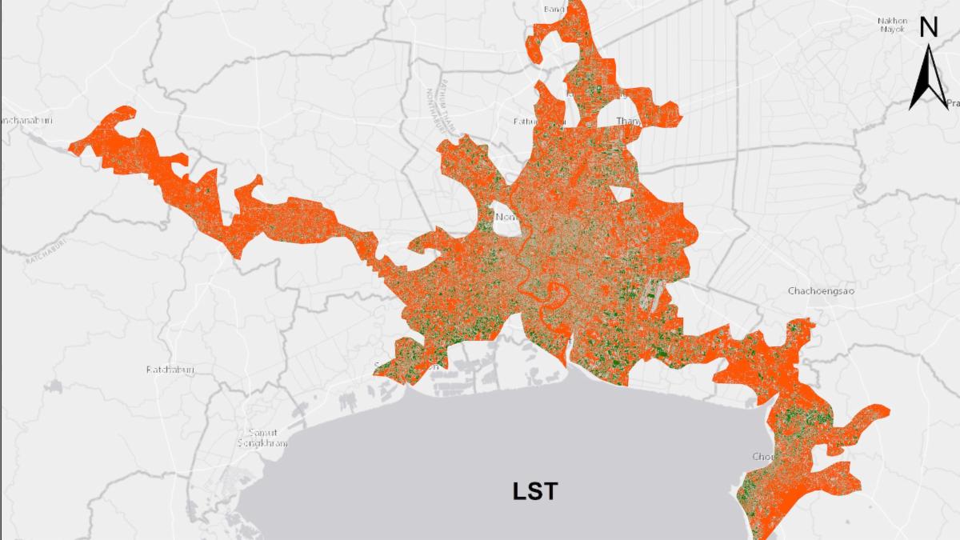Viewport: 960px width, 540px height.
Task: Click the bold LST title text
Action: (x=535, y=490)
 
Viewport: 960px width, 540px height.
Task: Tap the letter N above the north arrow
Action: (x=928, y=29)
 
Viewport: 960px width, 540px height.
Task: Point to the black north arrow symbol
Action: (x=927, y=77)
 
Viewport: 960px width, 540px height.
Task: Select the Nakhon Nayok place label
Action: (x=891, y=25)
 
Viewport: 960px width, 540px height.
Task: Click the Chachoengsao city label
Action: (x=821, y=291)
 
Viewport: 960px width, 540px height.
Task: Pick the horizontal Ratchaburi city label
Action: (x=170, y=370)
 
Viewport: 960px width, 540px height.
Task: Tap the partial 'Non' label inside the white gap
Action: (x=506, y=217)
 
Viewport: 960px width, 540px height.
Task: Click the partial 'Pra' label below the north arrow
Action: (x=952, y=103)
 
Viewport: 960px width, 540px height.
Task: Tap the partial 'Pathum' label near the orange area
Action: (x=529, y=122)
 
